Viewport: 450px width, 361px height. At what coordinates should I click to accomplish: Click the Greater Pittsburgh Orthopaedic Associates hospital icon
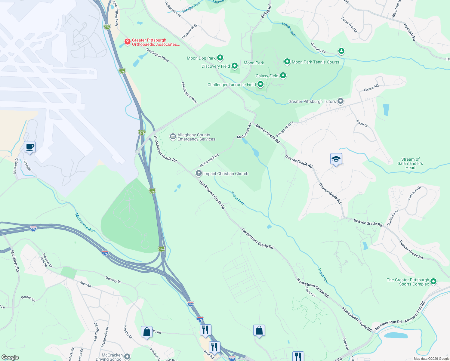pos(128,41)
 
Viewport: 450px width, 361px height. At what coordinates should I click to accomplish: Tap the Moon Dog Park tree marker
pos(220,57)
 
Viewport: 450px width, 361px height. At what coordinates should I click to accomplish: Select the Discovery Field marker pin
pos(235,66)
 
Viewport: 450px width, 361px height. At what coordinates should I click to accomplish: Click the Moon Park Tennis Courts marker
pos(287,62)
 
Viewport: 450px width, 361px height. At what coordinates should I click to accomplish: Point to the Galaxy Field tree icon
pos(283,75)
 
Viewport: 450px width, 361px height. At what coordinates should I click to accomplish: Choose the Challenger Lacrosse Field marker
pos(260,84)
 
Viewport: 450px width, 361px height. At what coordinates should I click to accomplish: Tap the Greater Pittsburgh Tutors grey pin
pos(340,101)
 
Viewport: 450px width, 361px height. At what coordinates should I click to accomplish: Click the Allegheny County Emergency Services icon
pos(173,137)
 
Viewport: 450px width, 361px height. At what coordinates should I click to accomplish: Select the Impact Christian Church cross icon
pos(199,173)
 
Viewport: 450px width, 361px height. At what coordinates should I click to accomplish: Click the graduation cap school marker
pos(336,159)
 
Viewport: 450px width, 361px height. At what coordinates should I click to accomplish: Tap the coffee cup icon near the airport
pos(30,147)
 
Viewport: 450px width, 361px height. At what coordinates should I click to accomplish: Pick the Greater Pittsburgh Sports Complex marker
pos(433,282)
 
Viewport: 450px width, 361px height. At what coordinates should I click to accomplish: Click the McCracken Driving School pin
pos(127,356)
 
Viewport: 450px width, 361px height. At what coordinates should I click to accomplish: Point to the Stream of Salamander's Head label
pos(410,163)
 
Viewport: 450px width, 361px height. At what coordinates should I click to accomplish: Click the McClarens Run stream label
pos(85,223)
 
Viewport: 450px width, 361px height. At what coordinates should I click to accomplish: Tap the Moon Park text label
pos(254,63)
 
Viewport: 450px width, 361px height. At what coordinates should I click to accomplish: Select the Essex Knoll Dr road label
pos(349,25)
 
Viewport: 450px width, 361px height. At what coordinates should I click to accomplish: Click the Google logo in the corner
pos(10,357)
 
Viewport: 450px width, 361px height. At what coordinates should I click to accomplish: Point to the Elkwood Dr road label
pos(371,88)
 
